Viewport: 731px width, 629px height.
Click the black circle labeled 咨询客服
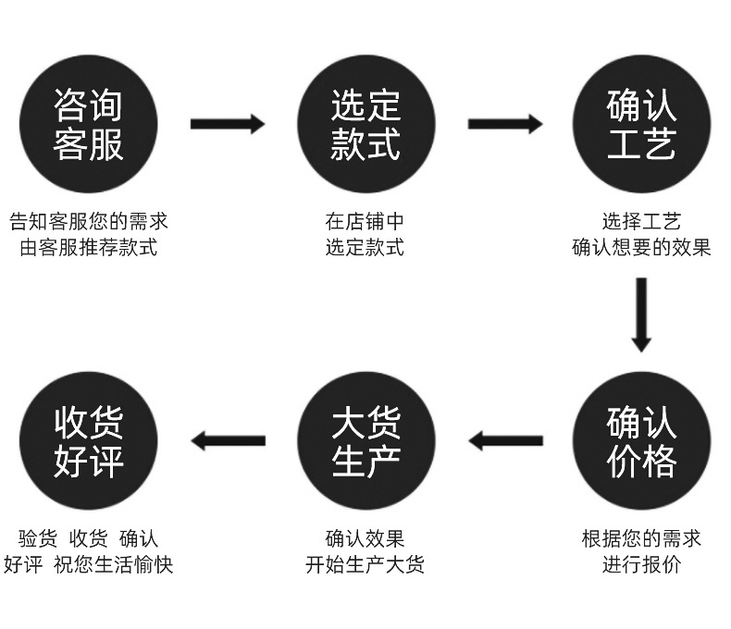point(89,124)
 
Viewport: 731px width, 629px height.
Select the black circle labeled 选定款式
point(365,124)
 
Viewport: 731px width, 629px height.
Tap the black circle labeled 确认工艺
point(641,124)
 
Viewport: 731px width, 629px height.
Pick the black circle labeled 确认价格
point(641,441)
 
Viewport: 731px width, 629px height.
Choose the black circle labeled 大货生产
point(365,441)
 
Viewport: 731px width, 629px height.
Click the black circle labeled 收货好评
point(89,441)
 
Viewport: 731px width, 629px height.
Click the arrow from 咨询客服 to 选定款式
point(227,123)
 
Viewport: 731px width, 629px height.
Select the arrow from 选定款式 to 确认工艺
point(504,123)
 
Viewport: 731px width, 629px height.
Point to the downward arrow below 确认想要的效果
point(641,314)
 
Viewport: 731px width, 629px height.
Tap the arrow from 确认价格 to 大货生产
point(505,440)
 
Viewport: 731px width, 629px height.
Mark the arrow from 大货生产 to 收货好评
point(228,440)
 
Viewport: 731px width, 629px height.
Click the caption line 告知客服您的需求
point(89,222)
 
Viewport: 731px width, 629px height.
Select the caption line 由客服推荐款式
point(89,248)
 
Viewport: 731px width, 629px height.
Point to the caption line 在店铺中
point(365,222)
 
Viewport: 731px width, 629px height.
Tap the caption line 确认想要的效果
point(641,248)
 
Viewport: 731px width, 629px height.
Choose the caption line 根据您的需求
point(641,538)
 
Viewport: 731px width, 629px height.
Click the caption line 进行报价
point(641,564)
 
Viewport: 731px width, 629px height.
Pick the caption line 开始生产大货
point(365,564)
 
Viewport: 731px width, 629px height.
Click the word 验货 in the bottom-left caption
point(38,538)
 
